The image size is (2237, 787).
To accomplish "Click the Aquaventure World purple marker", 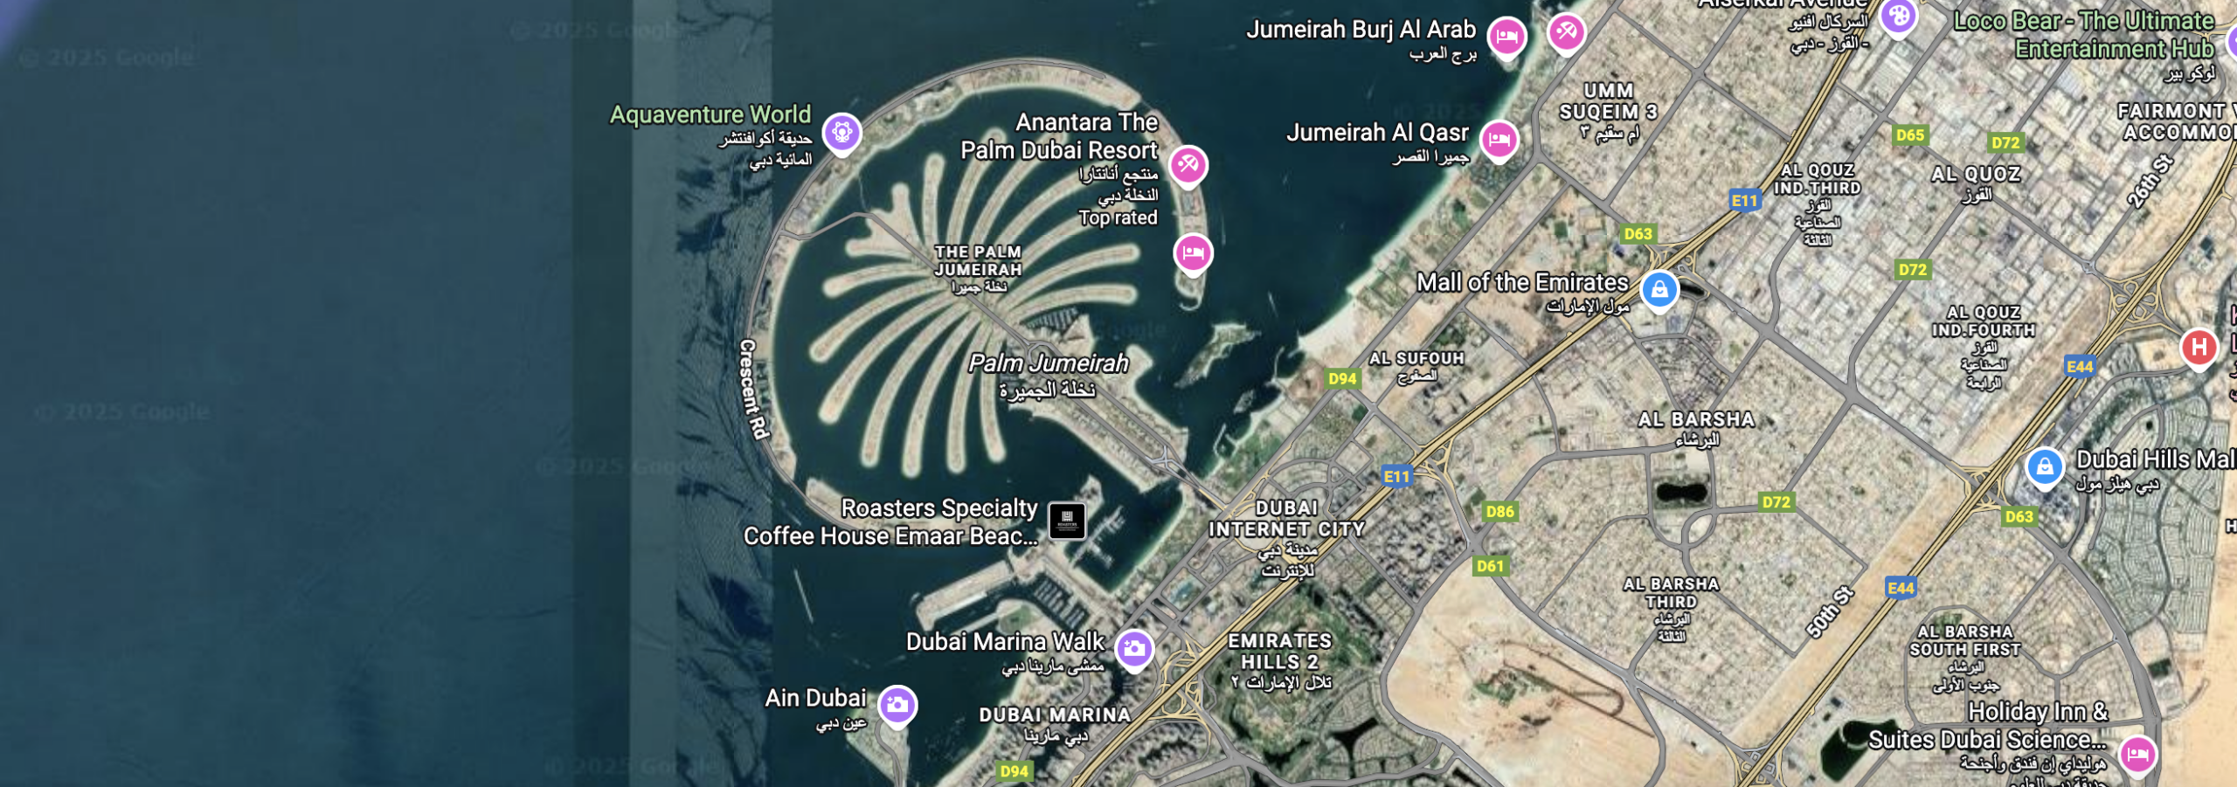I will [x=842, y=133].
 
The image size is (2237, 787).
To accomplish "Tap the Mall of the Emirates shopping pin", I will [x=1659, y=289].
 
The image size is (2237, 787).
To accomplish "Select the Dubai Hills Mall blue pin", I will [x=2045, y=466].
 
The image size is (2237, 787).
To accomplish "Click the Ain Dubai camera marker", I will [x=897, y=705].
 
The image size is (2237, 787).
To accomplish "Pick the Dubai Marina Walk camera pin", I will [x=1134, y=648].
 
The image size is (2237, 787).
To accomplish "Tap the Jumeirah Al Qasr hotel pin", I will [x=1499, y=139].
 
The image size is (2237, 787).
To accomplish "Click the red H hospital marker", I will [x=2199, y=348].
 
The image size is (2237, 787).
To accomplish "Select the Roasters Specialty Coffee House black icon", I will [x=1066, y=521].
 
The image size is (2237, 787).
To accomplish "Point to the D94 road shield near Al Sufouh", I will [x=1342, y=378].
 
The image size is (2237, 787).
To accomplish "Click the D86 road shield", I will [x=1499, y=512].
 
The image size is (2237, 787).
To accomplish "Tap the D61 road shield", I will [x=1490, y=566].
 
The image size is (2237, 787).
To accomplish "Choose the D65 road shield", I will [x=1909, y=135].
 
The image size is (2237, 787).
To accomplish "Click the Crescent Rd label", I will [x=753, y=389].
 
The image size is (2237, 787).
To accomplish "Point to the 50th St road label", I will [x=1830, y=611].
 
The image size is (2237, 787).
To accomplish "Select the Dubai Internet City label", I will [x=1286, y=519].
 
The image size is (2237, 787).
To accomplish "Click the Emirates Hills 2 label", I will [x=1279, y=652].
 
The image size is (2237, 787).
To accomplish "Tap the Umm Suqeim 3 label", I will [x=1608, y=101].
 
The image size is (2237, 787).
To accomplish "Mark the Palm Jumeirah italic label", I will [x=1048, y=363].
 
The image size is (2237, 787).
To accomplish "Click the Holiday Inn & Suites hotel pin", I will [x=2137, y=753].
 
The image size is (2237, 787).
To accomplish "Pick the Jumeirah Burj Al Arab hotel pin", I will [x=1506, y=37].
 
